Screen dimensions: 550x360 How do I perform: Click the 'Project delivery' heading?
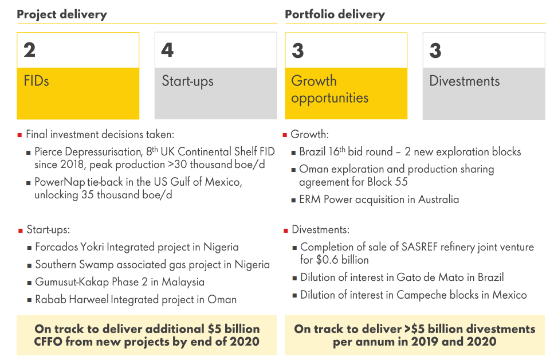tap(62, 15)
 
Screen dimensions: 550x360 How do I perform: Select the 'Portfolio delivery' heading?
tap(335, 15)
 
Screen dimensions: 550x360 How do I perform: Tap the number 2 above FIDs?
tap(29, 50)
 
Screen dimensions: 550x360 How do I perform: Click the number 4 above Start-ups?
tap(167, 50)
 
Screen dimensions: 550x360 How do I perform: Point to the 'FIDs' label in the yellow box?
tap(36, 81)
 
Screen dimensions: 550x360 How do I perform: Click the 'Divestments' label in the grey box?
tap(465, 81)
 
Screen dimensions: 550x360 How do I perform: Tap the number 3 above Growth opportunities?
tap(297, 50)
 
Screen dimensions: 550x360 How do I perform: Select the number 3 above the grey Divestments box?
tap(435, 50)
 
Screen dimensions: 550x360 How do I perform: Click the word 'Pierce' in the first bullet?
tap(48, 151)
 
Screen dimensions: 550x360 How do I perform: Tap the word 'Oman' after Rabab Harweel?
tap(222, 300)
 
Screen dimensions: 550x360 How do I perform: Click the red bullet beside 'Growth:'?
tap(285, 135)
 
